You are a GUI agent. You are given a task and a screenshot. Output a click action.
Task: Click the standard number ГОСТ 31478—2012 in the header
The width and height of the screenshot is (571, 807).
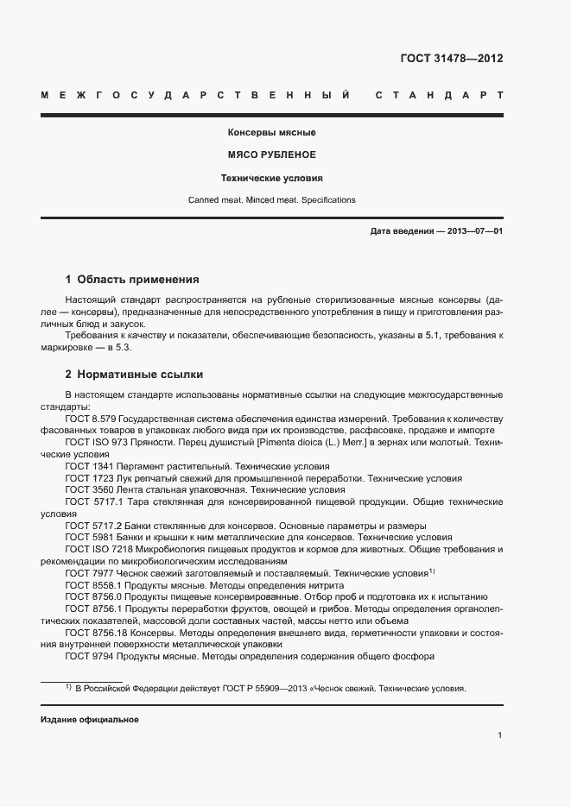point(451,59)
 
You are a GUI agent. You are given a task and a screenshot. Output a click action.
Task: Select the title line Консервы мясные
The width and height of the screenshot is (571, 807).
point(271,133)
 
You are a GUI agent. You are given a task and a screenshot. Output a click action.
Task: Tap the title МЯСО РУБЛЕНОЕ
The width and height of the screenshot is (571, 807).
point(271,155)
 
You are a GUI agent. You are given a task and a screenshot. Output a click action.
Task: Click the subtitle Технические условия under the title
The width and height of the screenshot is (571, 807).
point(271,178)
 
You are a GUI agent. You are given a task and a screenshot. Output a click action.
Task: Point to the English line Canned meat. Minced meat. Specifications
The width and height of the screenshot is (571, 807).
point(271,200)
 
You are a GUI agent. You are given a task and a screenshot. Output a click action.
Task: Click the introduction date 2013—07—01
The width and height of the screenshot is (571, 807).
point(473,232)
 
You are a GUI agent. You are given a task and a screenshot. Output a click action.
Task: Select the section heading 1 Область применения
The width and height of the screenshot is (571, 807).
point(132,280)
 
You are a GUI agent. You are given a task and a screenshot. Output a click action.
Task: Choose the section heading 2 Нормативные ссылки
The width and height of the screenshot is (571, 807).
point(134,375)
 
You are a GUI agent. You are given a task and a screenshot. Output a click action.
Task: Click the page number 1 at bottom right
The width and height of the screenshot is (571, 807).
point(500,734)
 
